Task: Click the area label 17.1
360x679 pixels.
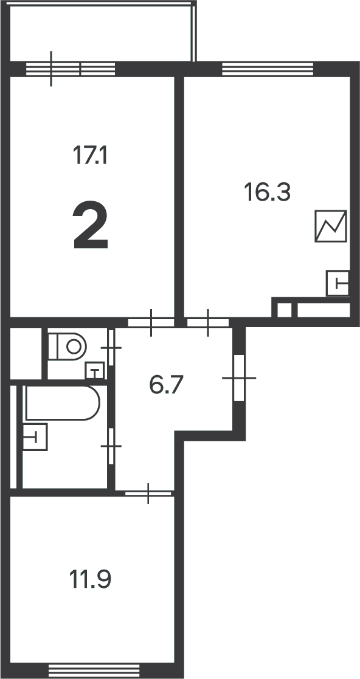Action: point(89,155)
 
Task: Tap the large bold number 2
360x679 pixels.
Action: point(91,225)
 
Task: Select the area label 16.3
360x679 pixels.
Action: point(267,192)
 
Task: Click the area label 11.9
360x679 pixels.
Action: point(90,579)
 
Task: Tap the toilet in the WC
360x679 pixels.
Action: point(67,346)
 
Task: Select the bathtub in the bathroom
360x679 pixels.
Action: point(63,403)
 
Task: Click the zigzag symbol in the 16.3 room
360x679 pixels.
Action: point(331,226)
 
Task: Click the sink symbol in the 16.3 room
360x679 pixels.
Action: point(337,284)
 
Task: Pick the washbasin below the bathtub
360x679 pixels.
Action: point(35,437)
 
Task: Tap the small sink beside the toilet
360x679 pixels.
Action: point(95,371)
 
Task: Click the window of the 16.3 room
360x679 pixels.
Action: point(268,69)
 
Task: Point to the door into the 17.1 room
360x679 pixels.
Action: point(151,323)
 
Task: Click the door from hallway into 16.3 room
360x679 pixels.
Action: point(208,323)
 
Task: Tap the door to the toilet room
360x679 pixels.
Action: point(111,348)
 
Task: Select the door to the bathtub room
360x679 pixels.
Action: point(111,446)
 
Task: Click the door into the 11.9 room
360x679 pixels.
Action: point(148,493)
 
